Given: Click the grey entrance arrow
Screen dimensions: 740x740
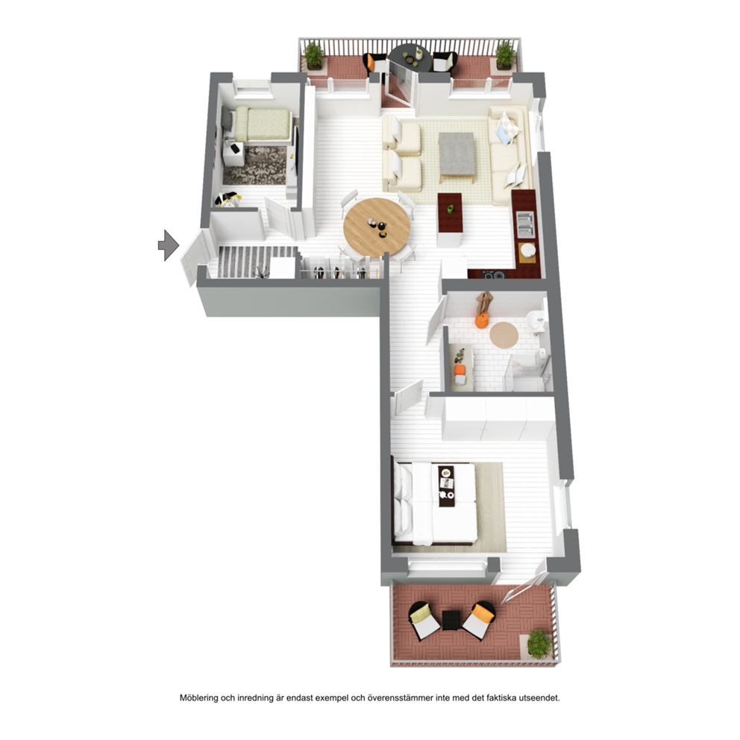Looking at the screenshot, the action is pos(169,245).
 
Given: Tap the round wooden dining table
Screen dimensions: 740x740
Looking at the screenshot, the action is pos(377,228).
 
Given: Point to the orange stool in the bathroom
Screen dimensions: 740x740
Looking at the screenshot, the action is pos(481,322).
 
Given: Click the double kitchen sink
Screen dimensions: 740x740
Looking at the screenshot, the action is pos(525,225).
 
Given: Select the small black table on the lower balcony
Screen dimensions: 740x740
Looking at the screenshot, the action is pos(451,620).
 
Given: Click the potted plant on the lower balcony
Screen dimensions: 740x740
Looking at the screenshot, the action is pos(539,643).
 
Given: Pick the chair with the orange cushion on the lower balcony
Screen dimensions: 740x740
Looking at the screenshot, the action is pos(479,620).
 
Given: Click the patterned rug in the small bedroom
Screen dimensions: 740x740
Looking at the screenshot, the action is pos(255,166).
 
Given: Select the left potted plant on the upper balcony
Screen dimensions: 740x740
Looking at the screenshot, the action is pos(314,55).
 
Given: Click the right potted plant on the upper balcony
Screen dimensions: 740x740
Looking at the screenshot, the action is pos(505,55).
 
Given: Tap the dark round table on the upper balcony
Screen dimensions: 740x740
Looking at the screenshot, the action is pos(410,58).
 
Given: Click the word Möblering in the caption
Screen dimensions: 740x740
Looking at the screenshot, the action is pos(200,697).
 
